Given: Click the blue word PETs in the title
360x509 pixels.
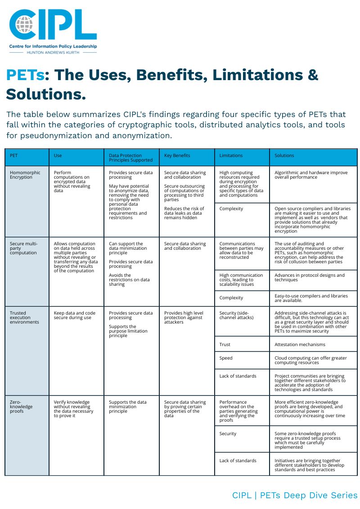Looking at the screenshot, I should [25, 75].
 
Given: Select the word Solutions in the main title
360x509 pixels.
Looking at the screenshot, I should [46, 95].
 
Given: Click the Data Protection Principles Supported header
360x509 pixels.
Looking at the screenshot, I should [130, 158].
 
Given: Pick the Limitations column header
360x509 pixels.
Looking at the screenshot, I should [231, 156].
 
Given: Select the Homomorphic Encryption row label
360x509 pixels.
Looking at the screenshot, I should [25, 175].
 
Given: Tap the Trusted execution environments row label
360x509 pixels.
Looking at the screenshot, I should [24, 317].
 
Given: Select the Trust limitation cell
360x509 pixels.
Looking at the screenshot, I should [225, 344].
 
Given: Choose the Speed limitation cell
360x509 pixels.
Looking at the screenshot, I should [226, 358].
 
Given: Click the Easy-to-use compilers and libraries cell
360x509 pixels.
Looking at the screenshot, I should [311, 298].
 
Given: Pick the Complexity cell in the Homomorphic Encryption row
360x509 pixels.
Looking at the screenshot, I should [231, 208].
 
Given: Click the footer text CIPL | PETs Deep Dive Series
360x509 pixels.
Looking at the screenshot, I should [294, 495].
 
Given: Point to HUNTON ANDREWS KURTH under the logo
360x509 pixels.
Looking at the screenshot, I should [53, 52].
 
